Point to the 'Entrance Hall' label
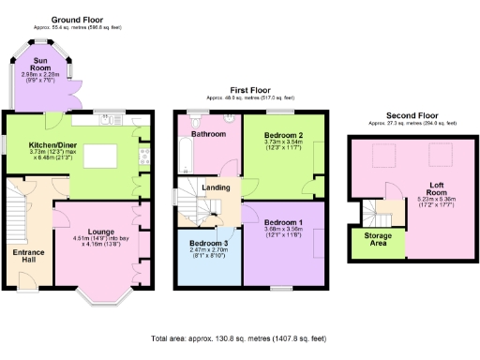point(25,256)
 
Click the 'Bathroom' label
point(207,134)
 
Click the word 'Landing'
point(217,188)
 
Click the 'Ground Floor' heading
point(77,19)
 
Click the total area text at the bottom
point(238,337)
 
